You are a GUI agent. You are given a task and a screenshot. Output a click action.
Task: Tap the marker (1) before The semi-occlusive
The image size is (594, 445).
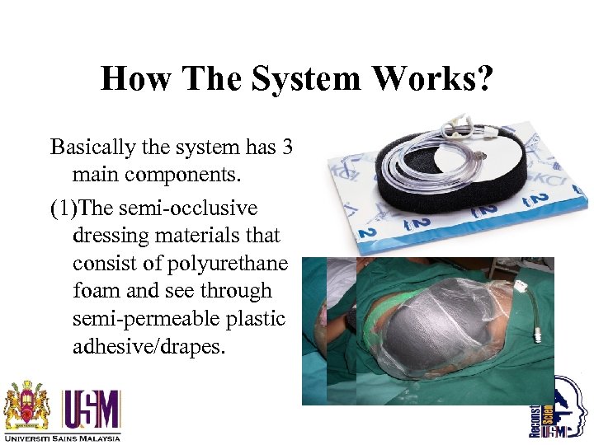tap(64, 208)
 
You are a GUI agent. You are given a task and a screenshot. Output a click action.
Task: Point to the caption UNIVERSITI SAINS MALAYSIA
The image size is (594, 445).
tap(61, 438)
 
